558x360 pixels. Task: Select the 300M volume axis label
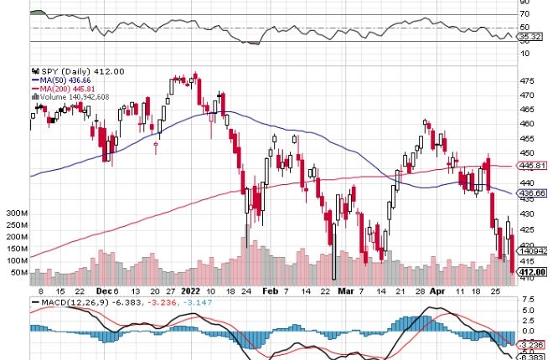pos(15,213)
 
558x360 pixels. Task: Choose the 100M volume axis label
pos(15,260)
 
